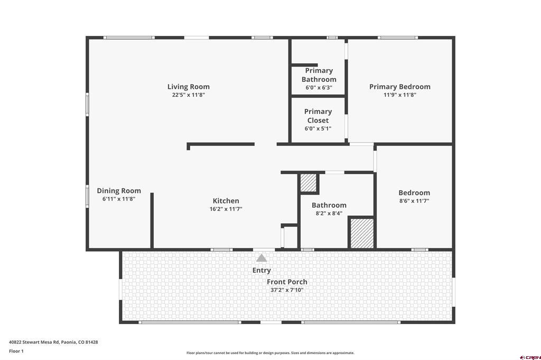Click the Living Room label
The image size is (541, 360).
[x=189, y=87]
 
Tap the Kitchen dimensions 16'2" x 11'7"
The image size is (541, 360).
[x=226, y=209]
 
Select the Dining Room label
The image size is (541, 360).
[x=119, y=191]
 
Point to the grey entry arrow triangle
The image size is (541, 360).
[x=262, y=258]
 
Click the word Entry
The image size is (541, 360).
[x=262, y=270]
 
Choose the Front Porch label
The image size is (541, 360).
[x=287, y=282]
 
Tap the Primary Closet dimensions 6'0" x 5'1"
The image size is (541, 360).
[x=318, y=129]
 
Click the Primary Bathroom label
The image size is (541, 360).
[x=319, y=75]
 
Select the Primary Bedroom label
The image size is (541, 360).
[x=400, y=87]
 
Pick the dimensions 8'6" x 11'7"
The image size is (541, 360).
[x=414, y=201]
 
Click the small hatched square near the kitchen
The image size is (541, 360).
[x=308, y=183]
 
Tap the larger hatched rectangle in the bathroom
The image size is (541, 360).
[x=362, y=233]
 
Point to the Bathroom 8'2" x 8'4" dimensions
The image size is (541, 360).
[x=329, y=213]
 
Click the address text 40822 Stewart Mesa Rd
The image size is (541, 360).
[x=34, y=343]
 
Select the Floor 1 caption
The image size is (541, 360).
[x=16, y=352]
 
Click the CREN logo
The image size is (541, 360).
[x=530, y=357]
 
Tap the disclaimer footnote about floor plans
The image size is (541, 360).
[x=270, y=353]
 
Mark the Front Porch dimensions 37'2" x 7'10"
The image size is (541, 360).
[x=287, y=290]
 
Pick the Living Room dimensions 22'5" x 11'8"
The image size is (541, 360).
[x=189, y=95]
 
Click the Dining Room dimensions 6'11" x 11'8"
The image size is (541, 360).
[x=119, y=199]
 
